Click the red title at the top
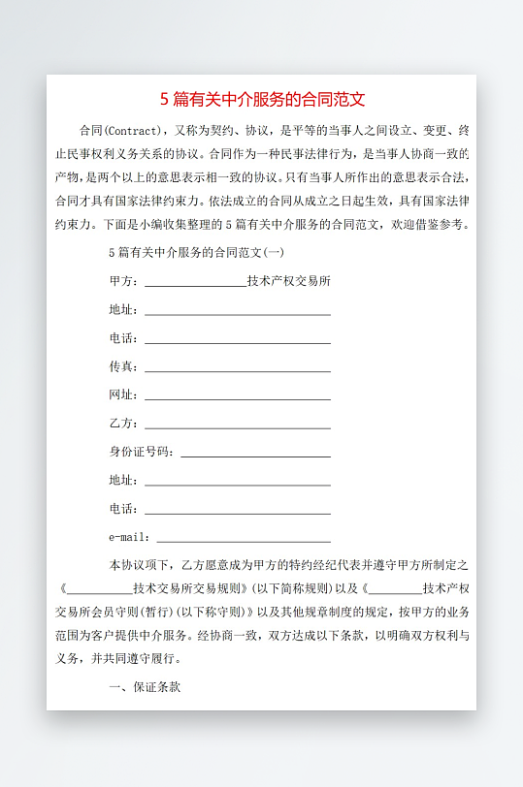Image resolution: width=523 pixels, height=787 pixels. point(262,99)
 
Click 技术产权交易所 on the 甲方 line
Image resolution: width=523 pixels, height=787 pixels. point(289,282)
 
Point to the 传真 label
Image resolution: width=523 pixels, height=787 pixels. point(123,366)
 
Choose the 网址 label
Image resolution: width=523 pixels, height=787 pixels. point(123,394)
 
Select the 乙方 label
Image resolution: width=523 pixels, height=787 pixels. point(123,424)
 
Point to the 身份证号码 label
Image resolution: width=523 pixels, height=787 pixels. point(142,452)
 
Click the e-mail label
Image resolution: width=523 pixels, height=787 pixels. point(129,537)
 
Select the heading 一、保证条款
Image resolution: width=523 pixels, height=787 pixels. point(145,687)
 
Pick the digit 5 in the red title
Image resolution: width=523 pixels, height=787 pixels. point(165,99)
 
